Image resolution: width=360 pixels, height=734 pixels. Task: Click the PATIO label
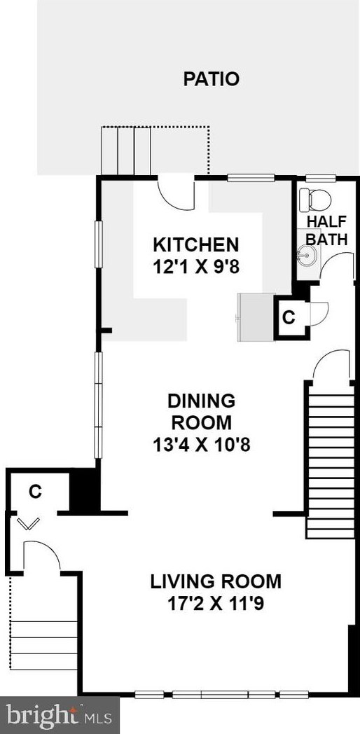[x=211, y=79]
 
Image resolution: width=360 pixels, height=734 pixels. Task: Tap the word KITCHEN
[x=196, y=245]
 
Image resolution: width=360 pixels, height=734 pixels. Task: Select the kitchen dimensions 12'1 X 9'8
[x=196, y=267]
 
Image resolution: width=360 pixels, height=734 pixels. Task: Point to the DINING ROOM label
[x=200, y=412]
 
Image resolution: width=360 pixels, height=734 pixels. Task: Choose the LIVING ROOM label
[x=216, y=581]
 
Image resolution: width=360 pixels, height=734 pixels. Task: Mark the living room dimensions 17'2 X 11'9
[x=216, y=603]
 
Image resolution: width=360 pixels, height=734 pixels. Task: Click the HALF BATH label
[x=327, y=230]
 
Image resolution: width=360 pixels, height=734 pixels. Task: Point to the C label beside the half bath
[x=287, y=317]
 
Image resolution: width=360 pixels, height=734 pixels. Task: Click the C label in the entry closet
[x=35, y=492]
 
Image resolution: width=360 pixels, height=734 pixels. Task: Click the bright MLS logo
[x=60, y=715]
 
